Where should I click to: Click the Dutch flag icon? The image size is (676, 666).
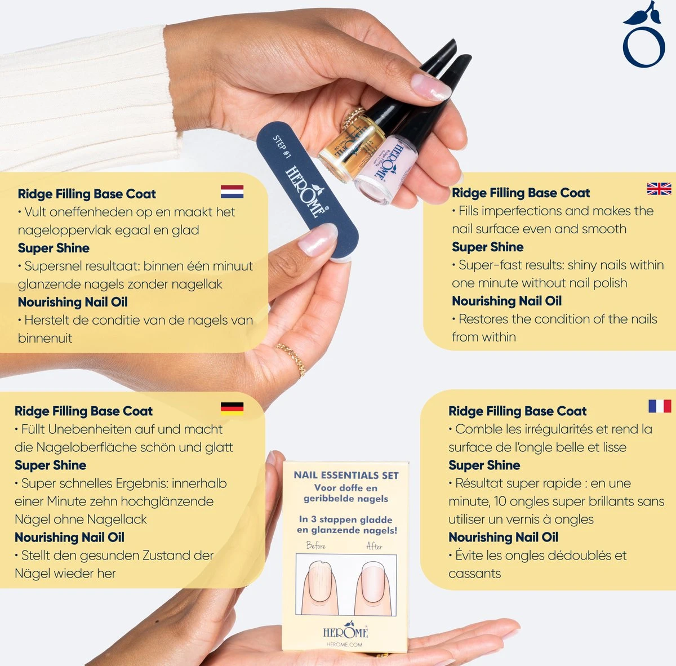pos(232,192)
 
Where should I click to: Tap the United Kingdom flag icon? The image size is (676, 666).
pos(659,189)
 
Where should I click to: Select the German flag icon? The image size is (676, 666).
pos(232,408)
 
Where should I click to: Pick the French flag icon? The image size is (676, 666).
pos(659,406)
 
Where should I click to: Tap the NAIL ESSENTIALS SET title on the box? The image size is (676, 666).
pos(346,475)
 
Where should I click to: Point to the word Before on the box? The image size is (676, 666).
pos(316,545)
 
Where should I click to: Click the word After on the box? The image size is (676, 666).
pos(375,545)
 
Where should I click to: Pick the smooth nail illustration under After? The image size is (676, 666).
pos(372,586)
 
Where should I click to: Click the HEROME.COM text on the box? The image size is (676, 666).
pos(344,645)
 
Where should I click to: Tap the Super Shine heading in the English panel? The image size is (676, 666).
pos(488,247)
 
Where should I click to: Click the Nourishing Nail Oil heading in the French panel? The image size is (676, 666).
pos(503,537)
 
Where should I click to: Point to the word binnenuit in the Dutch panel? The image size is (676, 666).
pos(45,338)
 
